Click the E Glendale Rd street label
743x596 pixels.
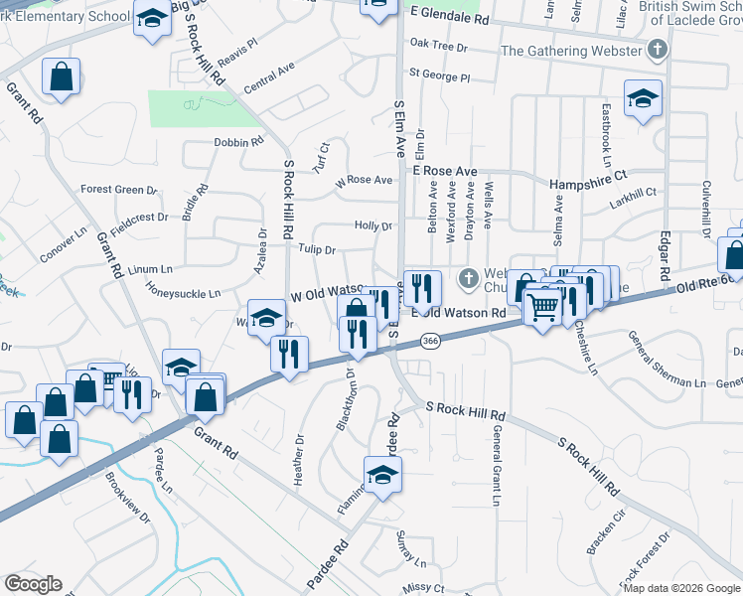point(450,19)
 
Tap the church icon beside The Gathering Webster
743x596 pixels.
point(657,51)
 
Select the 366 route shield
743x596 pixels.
point(430,341)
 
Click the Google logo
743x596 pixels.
point(33,584)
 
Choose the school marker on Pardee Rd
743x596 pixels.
point(382,477)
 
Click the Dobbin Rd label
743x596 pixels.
point(237,142)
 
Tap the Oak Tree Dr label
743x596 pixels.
point(438,45)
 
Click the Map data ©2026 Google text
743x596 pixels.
point(680,588)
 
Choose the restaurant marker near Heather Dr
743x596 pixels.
point(289,354)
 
